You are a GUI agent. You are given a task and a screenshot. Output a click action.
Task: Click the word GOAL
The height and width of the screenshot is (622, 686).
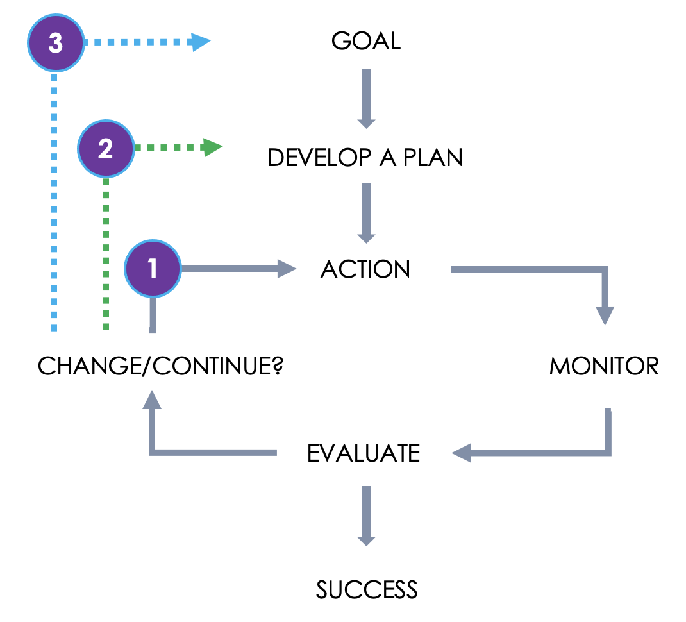pos(365,41)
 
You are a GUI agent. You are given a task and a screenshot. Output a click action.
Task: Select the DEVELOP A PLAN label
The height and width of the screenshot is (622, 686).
pos(365,157)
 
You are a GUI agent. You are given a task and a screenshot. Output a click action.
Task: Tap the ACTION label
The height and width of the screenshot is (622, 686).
pos(365,269)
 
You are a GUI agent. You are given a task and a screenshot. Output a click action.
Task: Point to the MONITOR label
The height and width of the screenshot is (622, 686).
pos(604,366)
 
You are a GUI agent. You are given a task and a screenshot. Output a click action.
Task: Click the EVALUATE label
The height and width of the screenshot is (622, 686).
pos(364,453)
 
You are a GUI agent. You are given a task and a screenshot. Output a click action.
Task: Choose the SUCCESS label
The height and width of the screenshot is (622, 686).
pos(367,589)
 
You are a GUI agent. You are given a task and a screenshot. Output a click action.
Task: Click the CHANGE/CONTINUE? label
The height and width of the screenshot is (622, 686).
pos(160,367)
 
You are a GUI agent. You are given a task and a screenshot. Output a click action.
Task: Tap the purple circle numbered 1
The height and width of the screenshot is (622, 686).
pos(153,269)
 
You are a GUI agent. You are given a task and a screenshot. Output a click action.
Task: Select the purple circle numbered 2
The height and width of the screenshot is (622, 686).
pos(105,149)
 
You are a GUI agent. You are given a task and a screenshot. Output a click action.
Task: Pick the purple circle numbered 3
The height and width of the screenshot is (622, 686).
pos(56,44)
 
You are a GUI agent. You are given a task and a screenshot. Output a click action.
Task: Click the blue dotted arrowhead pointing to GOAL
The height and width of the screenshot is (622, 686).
pos(201,44)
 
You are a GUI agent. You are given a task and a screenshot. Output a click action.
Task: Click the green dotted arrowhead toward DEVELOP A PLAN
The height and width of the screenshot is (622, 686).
pos(213,148)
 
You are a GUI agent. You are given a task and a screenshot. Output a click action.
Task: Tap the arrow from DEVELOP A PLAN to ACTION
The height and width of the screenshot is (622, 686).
pos(365,214)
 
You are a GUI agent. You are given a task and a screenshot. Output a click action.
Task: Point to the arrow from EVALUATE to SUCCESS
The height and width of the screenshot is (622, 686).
pos(365,516)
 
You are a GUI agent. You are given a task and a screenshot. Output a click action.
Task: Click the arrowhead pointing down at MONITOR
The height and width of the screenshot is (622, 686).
pos(605,315)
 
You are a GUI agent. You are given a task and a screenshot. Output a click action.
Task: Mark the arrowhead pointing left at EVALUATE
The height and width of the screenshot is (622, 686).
pos(462,453)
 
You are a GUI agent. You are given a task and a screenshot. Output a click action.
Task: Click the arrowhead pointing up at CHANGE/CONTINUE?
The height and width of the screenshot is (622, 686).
pos(151,401)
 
